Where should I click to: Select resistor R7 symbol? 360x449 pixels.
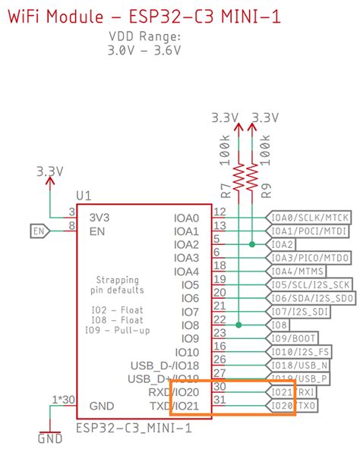[x=239, y=177]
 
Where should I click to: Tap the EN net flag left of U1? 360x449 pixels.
[x=40, y=231]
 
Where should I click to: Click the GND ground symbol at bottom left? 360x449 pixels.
[x=50, y=438]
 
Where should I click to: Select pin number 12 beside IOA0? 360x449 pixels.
[x=219, y=212]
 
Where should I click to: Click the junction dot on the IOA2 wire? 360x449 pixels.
[x=251, y=244]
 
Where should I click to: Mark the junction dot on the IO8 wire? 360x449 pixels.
[x=239, y=325]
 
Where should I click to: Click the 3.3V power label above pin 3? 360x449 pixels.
[x=49, y=172]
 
